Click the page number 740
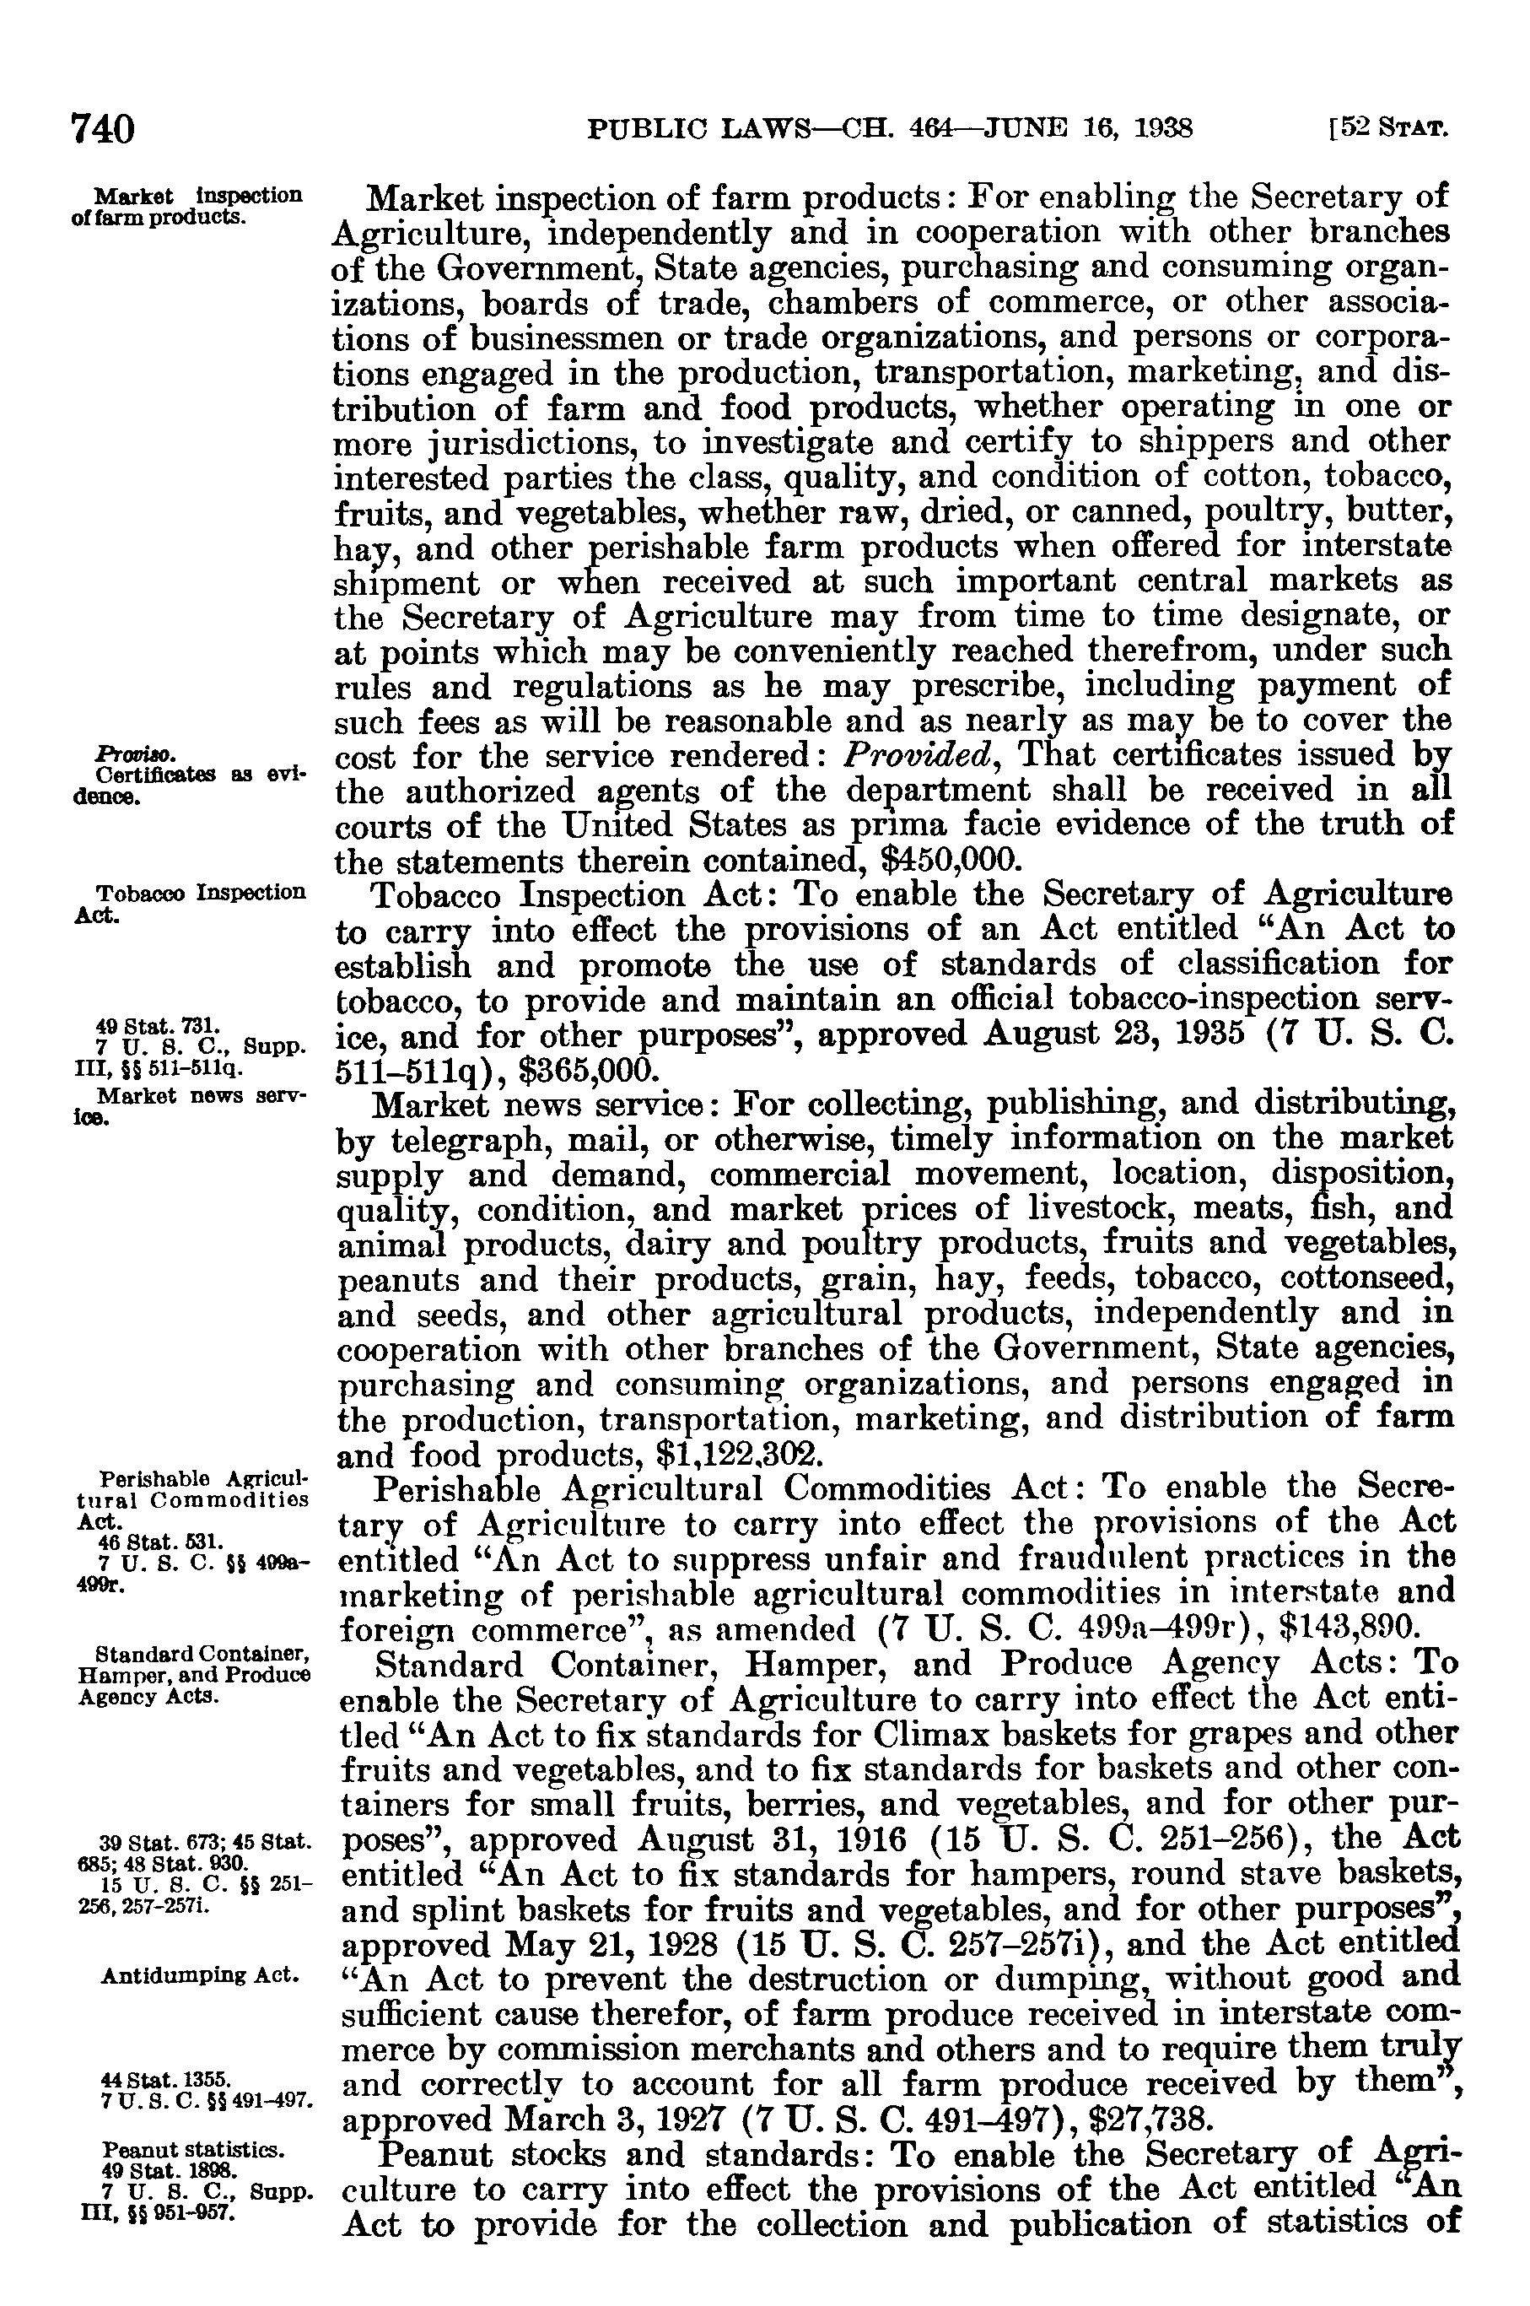(101, 129)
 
